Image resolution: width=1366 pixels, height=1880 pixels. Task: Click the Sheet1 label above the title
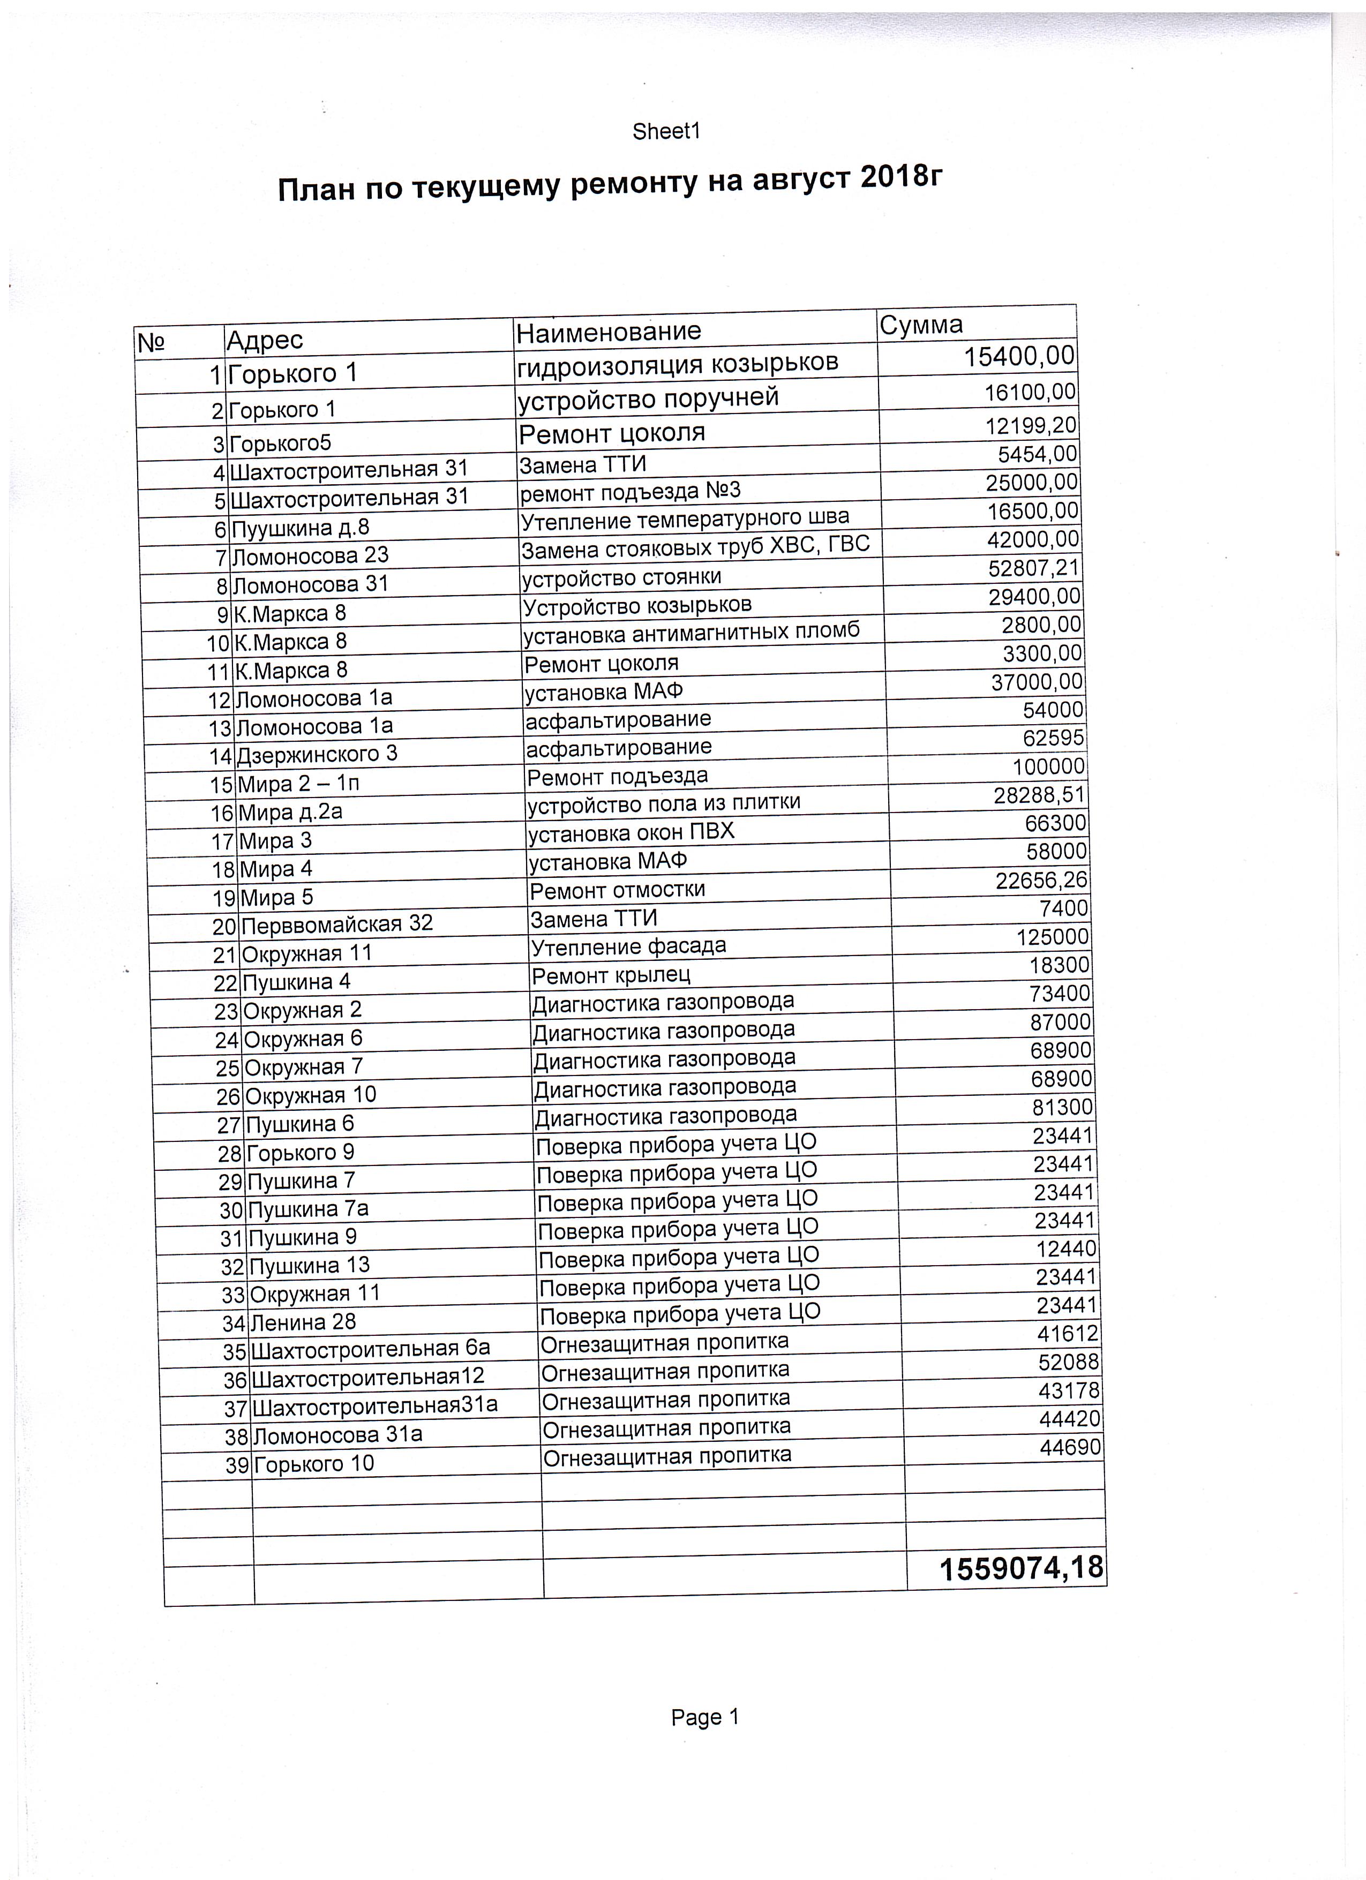click(x=666, y=132)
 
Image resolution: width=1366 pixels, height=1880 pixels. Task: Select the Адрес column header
click(x=265, y=339)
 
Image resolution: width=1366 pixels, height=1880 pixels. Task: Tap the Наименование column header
click(x=609, y=332)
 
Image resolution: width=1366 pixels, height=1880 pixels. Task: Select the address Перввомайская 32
click(x=336, y=923)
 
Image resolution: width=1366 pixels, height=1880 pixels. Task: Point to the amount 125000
click(x=1053, y=937)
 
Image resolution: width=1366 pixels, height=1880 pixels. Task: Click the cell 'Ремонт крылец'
click(x=611, y=975)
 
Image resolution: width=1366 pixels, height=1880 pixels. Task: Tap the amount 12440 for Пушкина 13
click(x=1066, y=1249)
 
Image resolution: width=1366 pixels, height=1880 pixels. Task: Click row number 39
click(x=237, y=1465)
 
